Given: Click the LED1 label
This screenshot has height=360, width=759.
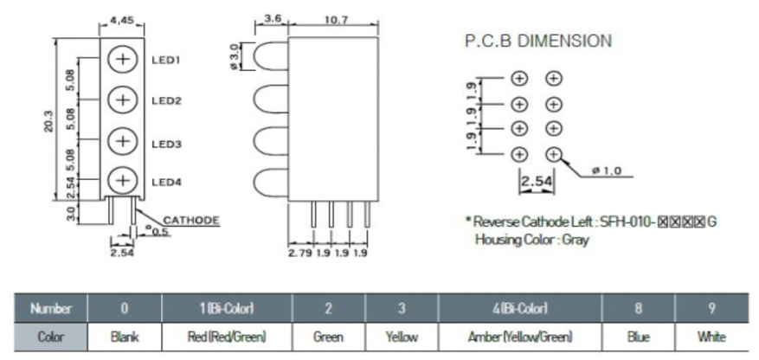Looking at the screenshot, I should [165, 61].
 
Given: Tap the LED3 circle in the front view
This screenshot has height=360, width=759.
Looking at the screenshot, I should [124, 140].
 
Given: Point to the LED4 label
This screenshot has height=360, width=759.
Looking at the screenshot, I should [165, 182].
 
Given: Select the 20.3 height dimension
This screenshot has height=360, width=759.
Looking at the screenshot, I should [48, 120].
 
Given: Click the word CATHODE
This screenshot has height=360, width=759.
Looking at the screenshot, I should [190, 221].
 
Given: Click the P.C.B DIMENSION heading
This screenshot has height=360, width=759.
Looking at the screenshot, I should [538, 40].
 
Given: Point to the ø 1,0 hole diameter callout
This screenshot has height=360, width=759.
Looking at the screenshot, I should [608, 171].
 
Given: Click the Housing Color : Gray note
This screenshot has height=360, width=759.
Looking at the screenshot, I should [531, 239].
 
